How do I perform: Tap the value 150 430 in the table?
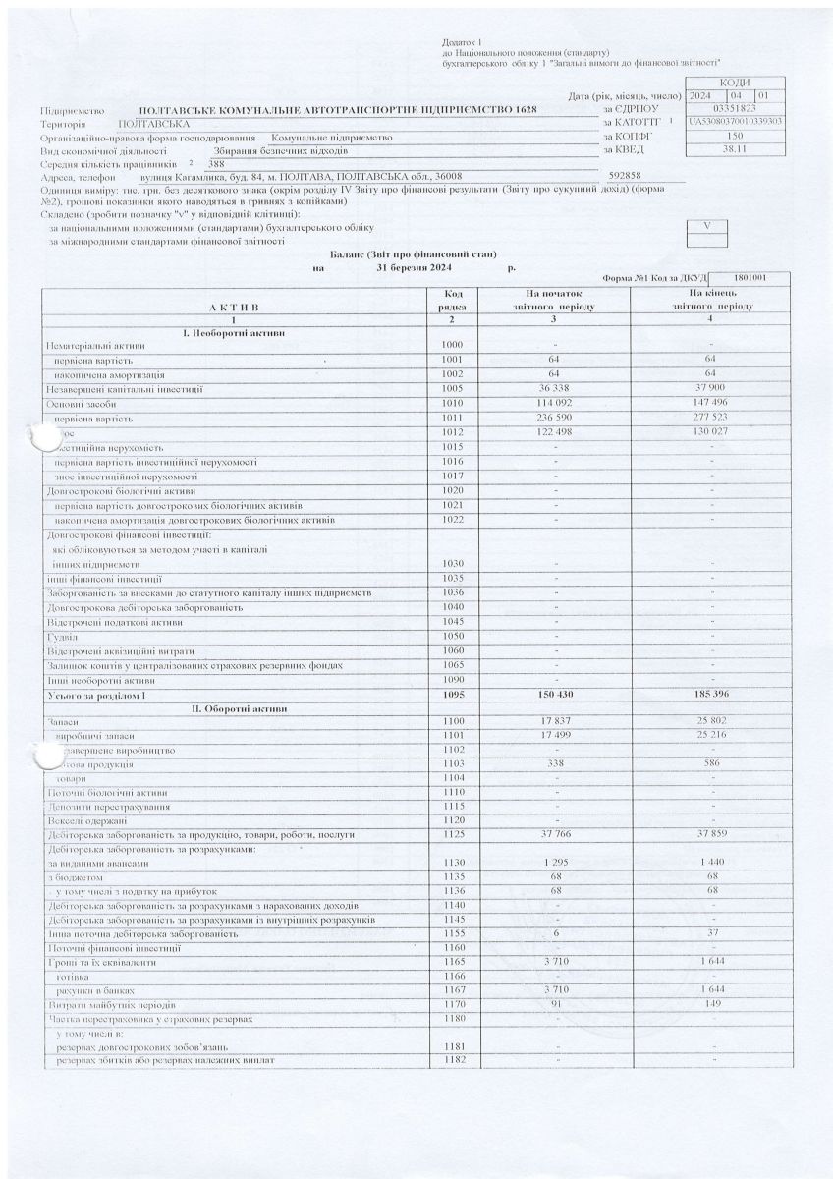tap(555, 695)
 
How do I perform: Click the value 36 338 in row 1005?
tap(556, 390)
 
